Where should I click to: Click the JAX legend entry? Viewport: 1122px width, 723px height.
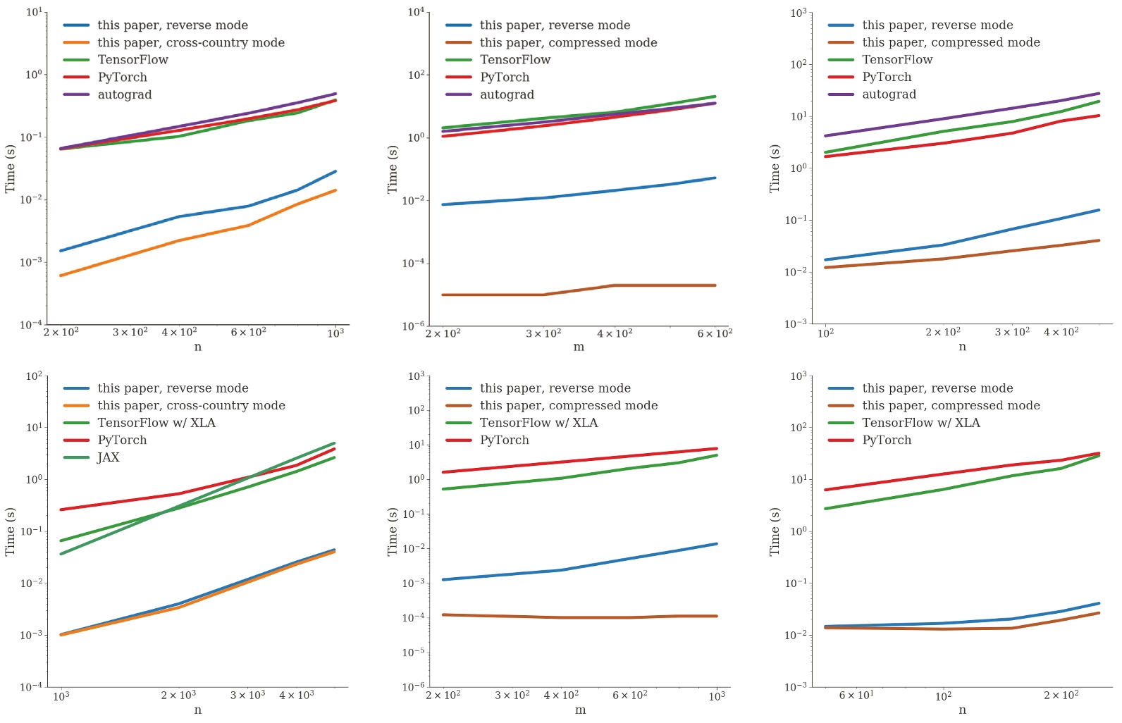[109, 457]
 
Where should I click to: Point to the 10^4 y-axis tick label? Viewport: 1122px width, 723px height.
[416, 12]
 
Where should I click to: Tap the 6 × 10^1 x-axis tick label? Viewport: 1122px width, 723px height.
[856, 696]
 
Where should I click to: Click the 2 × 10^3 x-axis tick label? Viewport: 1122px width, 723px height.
[178, 696]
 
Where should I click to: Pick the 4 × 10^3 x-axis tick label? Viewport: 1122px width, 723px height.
[296, 696]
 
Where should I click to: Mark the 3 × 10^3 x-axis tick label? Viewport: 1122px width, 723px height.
[247, 696]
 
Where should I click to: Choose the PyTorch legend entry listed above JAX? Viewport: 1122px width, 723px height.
[122, 440]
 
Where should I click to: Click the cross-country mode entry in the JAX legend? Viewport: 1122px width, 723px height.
[191, 405]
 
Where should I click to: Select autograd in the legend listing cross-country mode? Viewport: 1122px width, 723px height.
[125, 94]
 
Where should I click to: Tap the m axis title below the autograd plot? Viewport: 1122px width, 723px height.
[579, 347]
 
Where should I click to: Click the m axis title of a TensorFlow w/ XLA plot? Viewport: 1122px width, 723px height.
[580, 710]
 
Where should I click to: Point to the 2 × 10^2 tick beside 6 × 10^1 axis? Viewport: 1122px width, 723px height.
[1061, 696]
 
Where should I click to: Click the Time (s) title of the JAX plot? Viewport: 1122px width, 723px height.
[10, 531]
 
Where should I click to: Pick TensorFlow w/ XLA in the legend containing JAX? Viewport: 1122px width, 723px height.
[156, 423]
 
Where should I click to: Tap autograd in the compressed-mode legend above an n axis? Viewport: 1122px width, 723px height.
[889, 94]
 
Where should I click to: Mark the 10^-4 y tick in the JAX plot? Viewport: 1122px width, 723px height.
[32, 687]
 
